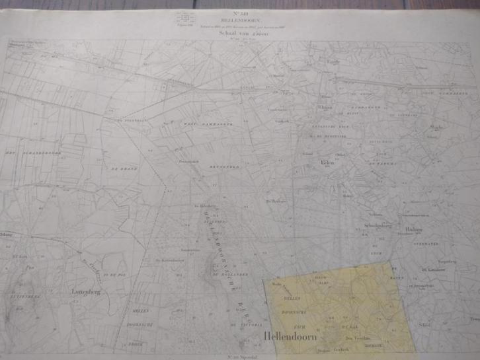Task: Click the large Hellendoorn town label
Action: (x=290, y=337)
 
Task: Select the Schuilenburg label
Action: (x=378, y=226)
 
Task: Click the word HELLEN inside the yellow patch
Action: (x=292, y=299)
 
